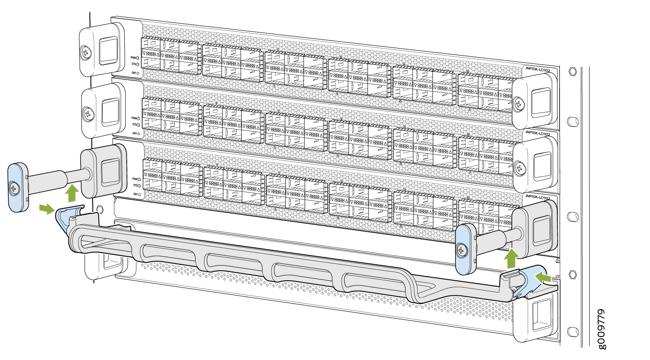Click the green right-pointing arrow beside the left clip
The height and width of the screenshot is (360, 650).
tap(46, 209)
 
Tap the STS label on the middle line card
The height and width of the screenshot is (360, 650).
tap(134, 124)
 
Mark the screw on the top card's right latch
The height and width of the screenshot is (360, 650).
tap(518, 103)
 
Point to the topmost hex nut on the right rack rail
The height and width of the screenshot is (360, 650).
tap(572, 70)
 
